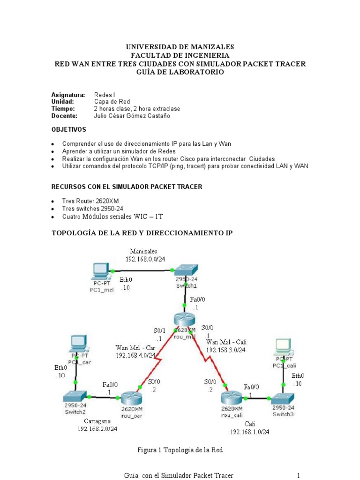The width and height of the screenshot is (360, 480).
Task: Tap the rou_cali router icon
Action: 231,398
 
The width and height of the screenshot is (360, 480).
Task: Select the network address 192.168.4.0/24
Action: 135,355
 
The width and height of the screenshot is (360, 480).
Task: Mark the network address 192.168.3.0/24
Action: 226,349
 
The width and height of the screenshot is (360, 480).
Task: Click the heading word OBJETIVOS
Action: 68,129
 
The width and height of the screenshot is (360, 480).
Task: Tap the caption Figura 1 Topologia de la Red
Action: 180,450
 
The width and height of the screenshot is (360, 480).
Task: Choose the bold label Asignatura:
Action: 67,95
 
